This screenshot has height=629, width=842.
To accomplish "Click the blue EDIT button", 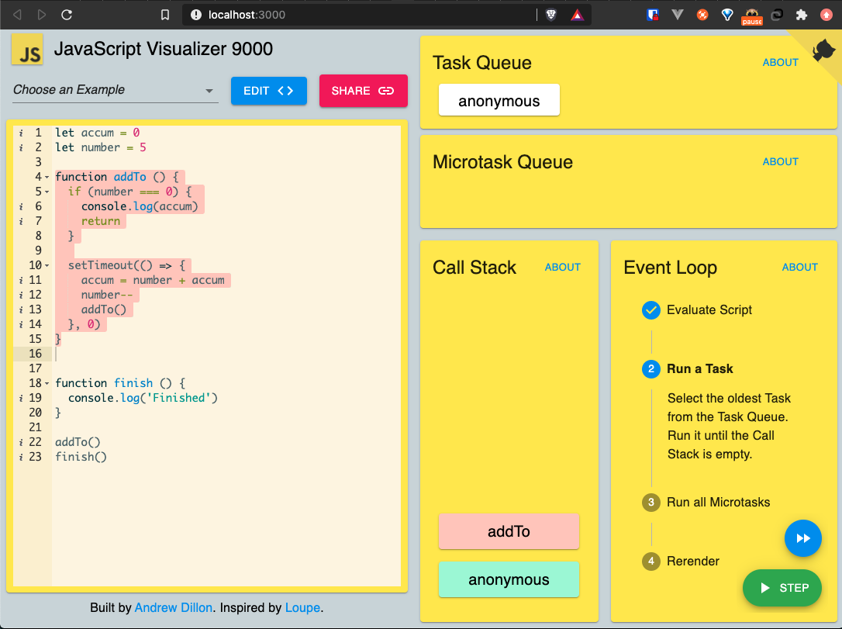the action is coord(268,91).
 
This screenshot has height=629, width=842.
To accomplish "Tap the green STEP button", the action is coord(782,588).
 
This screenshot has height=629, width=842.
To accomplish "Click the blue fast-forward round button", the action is coord(802,538).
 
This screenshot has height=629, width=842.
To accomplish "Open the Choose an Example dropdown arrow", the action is coord(209,91).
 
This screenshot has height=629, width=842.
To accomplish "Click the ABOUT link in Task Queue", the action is coord(780,62).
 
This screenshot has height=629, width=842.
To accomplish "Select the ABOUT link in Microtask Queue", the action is coord(780,161).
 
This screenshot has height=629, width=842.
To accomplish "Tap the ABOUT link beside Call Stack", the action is coord(563,267).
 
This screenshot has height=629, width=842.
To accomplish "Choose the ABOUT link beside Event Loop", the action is coord(799,267).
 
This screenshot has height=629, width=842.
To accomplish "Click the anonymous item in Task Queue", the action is coord(499,100).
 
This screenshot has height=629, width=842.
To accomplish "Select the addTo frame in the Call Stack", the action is coord(509,531).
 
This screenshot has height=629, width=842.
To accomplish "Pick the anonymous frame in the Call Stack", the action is coord(509,579).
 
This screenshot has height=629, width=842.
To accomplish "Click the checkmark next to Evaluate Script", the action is coord(650,310).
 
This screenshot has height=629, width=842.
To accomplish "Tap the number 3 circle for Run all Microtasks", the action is coord(650,503).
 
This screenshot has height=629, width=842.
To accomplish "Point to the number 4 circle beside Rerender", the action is coord(650,562).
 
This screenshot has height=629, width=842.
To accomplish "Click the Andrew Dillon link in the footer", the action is coord(174,607).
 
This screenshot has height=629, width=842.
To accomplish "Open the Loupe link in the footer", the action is coord(302,607).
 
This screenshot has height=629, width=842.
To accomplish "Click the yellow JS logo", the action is coord(27,49).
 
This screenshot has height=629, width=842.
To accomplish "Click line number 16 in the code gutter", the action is coord(36,354).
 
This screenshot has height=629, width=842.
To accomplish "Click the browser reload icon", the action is coord(67,15).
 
